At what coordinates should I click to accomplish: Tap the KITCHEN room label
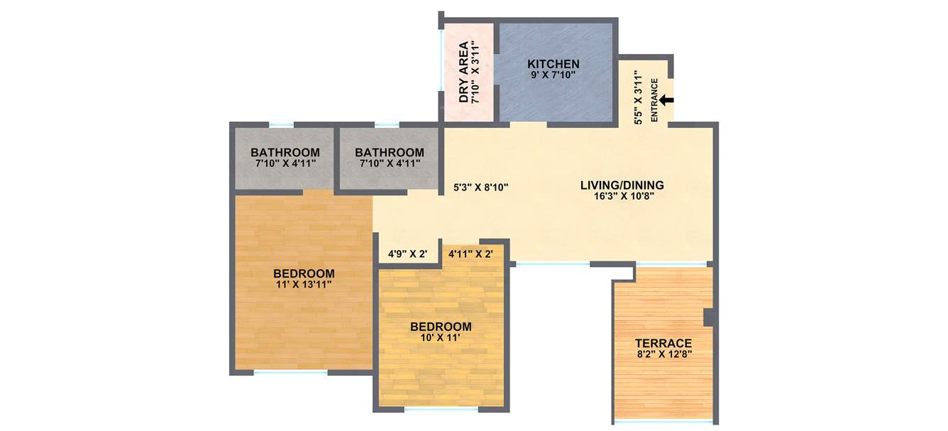[x=553, y=64]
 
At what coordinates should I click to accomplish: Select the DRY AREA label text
[x=463, y=72]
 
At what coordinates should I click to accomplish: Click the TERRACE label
[x=663, y=343]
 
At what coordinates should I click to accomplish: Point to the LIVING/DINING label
[x=622, y=185]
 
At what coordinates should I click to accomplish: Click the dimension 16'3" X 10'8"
[x=623, y=196]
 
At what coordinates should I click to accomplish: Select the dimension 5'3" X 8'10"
[x=481, y=188]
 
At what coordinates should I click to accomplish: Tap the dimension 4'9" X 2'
[x=407, y=253]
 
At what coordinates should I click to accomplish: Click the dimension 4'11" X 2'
[x=470, y=253]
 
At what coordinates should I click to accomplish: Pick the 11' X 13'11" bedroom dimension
[x=304, y=284]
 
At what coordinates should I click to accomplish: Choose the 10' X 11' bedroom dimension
[x=441, y=337]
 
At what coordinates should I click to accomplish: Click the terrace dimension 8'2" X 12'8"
[x=663, y=354]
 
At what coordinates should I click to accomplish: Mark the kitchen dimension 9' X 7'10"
[x=553, y=75]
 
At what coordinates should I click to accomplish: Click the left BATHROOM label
[x=285, y=153]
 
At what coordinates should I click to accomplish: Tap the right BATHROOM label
[x=390, y=153]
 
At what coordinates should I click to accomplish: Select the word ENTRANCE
[x=654, y=100]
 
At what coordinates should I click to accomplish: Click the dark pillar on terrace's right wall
[x=707, y=317]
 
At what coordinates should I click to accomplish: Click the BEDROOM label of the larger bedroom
[x=304, y=273]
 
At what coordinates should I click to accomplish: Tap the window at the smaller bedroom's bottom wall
[x=441, y=409]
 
